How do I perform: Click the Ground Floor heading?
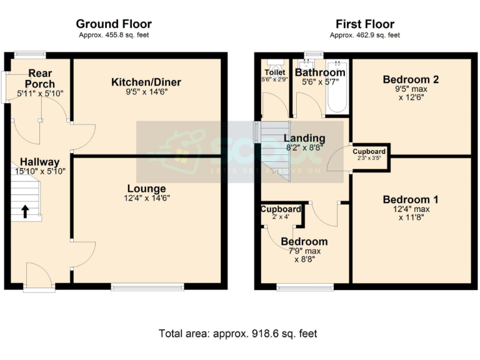114,24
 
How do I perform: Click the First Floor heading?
364,24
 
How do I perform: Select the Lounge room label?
146,189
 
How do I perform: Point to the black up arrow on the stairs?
25,211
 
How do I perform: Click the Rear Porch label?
40,79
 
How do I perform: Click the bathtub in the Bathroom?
337,87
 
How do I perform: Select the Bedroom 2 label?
411,79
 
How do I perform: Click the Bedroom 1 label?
411,199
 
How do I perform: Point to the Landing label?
304,138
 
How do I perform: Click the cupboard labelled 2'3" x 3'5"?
369,154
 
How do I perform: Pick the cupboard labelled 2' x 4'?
281,212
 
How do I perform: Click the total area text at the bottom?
238,334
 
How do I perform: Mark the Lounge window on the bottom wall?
147,287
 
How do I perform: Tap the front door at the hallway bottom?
39,276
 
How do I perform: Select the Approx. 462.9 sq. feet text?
364,36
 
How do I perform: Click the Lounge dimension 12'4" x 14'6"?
146,199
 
